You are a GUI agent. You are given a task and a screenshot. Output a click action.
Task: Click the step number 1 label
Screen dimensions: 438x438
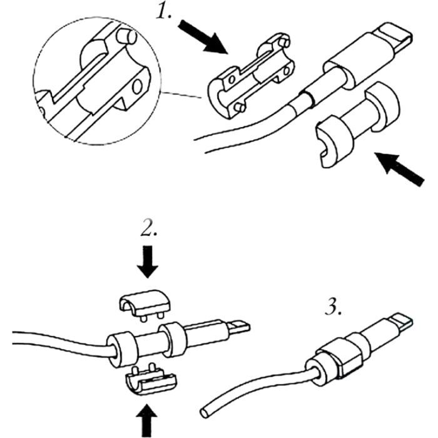tap(164, 13)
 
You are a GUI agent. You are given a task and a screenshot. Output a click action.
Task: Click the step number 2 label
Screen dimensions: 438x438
tap(148, 229)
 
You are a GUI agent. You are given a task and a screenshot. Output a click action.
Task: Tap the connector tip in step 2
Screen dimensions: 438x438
tap(238, 327)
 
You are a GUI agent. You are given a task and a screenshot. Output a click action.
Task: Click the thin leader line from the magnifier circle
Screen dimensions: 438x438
tap(181, 97)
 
